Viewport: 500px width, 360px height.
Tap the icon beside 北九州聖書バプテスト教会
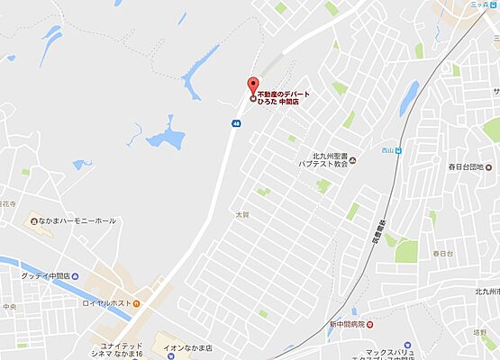(352, 161)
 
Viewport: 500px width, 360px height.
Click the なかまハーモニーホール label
(78, 220)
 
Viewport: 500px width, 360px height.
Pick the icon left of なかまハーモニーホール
(34, 220)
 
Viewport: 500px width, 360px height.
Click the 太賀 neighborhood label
(241, 215)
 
